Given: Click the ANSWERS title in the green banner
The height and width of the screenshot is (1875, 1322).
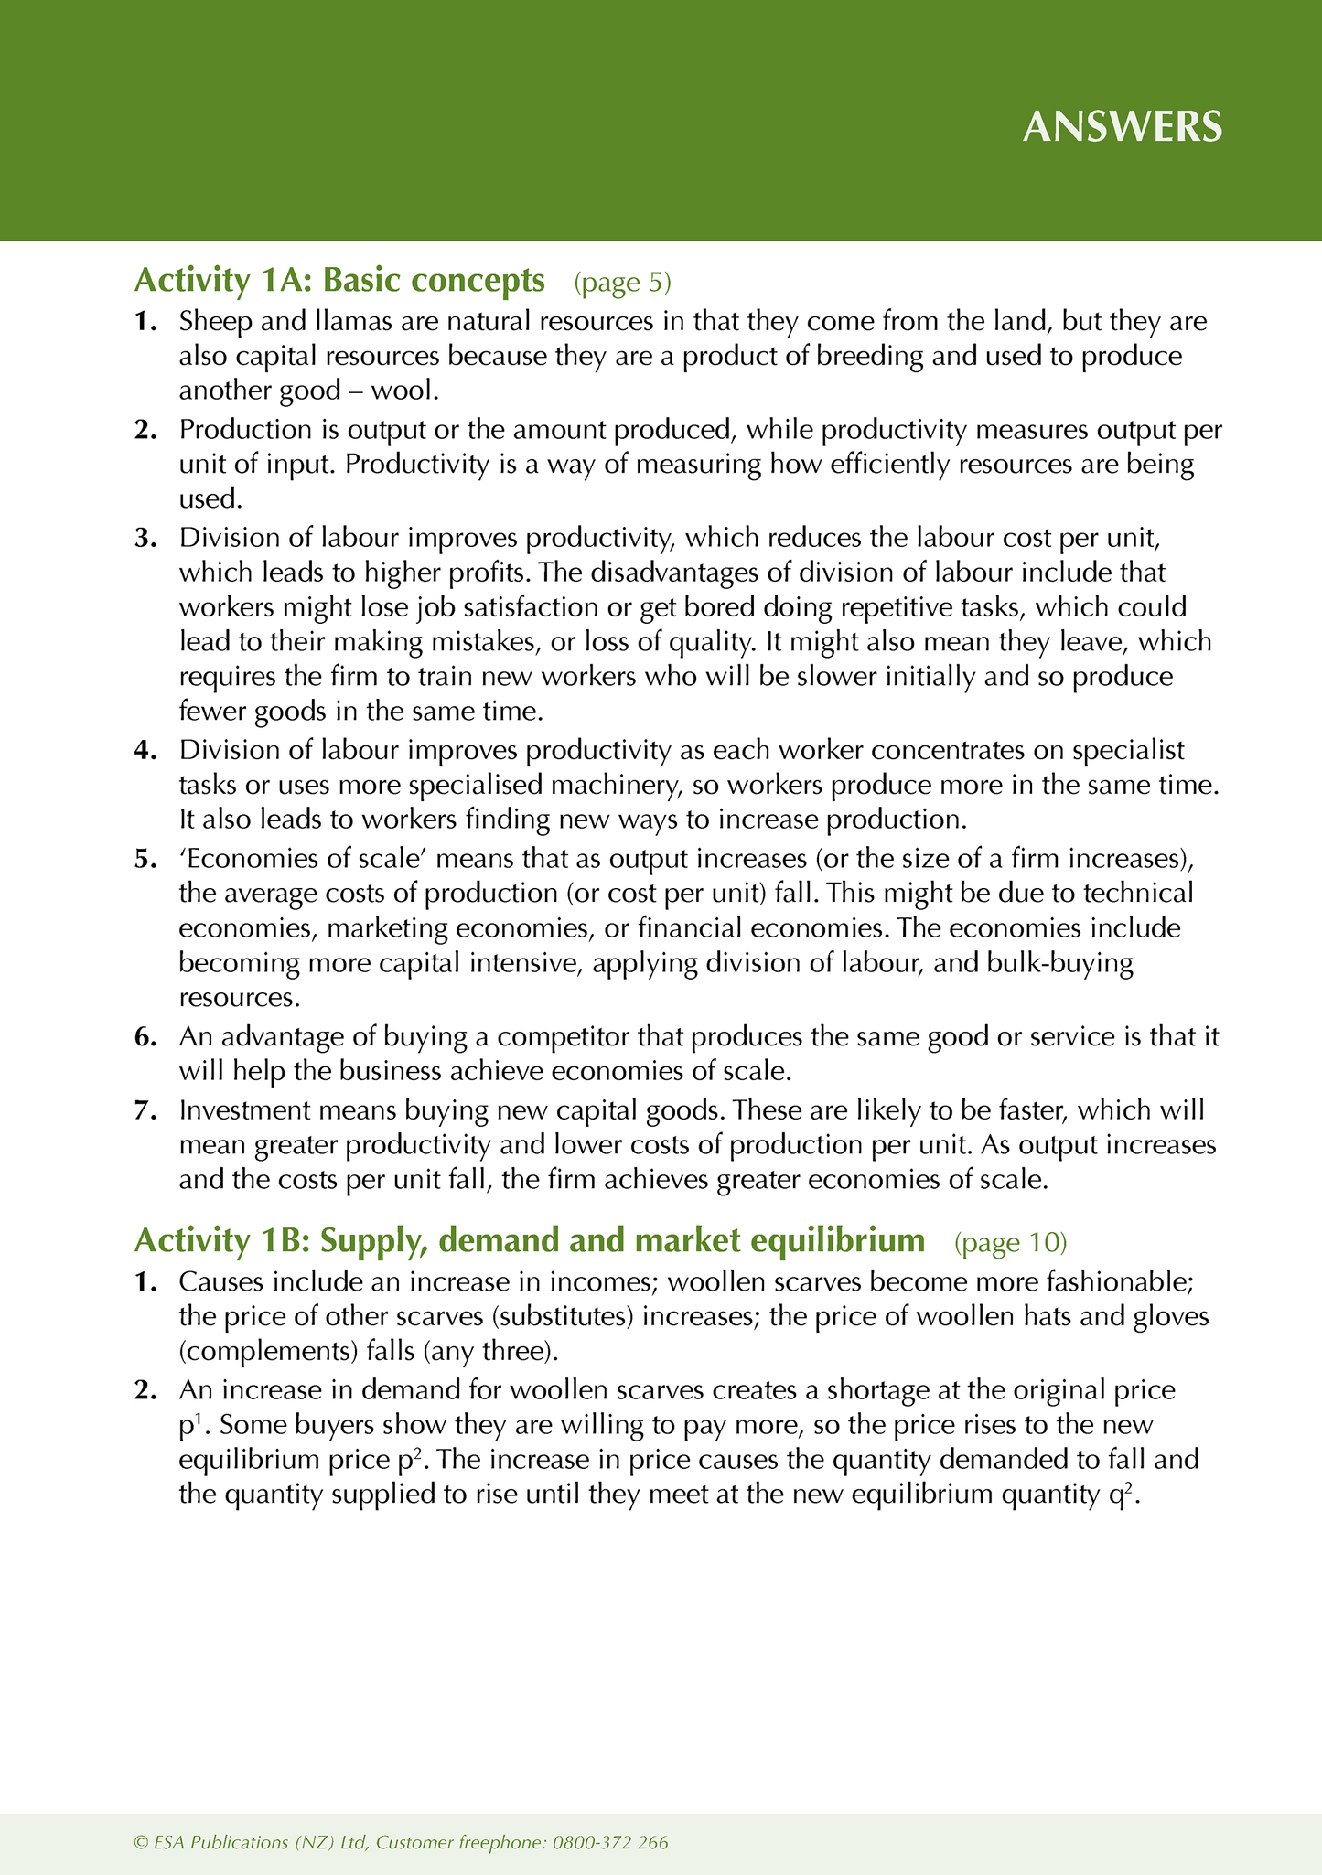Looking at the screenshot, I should tap(1122, 127).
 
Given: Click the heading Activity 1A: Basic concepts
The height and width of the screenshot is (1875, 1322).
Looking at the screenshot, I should tap(339, 280).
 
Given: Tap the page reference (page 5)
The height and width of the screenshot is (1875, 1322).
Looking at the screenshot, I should tap(622, 282).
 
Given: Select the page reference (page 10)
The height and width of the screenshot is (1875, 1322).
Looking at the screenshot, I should tap(1010, 1242).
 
